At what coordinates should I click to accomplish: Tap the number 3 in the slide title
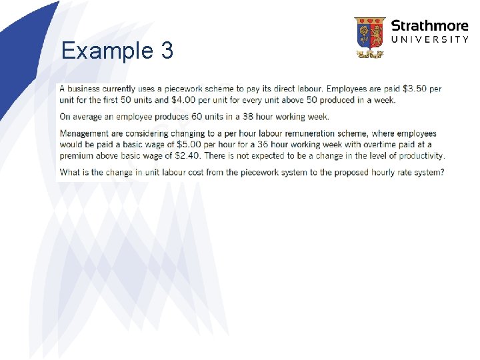click(166, 51)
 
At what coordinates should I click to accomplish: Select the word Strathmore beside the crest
click(429, 26)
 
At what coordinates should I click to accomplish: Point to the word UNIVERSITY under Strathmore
click(429, 40)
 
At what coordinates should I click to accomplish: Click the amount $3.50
click(417, 89)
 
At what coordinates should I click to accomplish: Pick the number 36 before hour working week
click(241, 145)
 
